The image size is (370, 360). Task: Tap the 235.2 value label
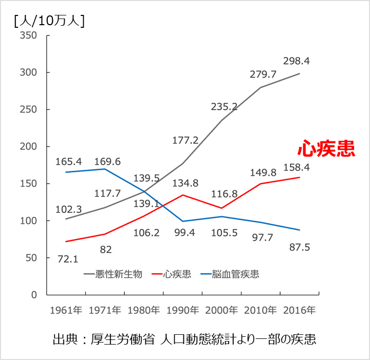pyautogui.click(x=224, y=107)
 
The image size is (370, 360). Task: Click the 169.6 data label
pyautogui.click(x=107, y=162)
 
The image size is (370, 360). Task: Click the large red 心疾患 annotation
pyautogui.click(x=326, y=149)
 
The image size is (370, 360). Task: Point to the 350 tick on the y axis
pyautogui.click(x=29, y=35)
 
